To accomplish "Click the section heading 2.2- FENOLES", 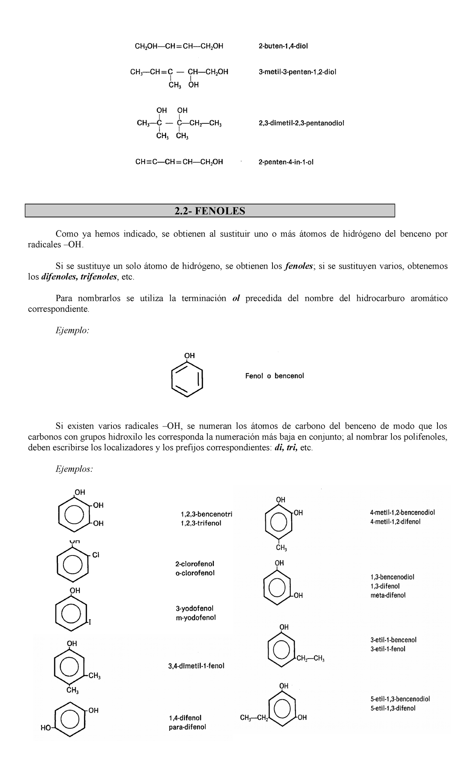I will (x=210, y=211).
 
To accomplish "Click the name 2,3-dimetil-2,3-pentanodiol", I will (x=301, y=123).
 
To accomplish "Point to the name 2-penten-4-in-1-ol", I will (x=286, y=162).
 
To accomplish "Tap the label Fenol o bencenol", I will (x=274, y=376).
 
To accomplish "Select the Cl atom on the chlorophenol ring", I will (x=96, y=555).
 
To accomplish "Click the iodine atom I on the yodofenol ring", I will (x=89, y=622).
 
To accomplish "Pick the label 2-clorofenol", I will (x=195, y=564).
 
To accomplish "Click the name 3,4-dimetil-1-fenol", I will (x=196, y=666).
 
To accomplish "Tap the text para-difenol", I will (x=187, y=727).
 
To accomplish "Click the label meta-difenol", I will (x=387, y=595).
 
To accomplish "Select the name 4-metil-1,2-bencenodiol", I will (x=402, y=512).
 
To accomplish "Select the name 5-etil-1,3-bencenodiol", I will (x=400, y=699).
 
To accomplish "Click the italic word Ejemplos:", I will (x=74, y=469).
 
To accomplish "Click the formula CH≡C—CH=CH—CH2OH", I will (x=179, y=162).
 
